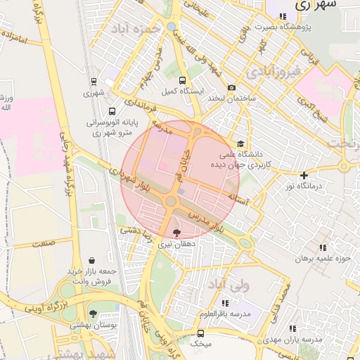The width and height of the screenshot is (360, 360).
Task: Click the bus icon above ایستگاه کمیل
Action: [x=183, y=81]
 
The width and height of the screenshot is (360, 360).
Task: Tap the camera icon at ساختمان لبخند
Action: [x=231, y=87]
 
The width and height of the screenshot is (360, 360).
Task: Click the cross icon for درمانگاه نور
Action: [x=304, y=175]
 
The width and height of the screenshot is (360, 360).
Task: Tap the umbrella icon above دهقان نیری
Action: [x=176, y=233]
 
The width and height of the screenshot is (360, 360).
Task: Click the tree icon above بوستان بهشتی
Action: [x=94, y=314]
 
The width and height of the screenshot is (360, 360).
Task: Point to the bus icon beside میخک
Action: [x=202, y=334]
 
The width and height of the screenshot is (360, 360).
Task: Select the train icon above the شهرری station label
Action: [x=94, y=82]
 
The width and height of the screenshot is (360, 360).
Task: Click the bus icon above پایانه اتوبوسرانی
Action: [x=112, y=111]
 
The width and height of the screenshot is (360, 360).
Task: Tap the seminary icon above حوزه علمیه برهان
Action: [x=323, y=247]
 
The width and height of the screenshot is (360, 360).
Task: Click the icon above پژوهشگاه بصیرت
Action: [x=283, y=15]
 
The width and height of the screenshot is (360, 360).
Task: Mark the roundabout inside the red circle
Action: [x=171, y=201]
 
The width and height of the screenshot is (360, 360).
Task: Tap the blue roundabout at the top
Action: [x=172, y=27]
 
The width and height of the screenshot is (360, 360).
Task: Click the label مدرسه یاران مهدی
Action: [x=294, y=339]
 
